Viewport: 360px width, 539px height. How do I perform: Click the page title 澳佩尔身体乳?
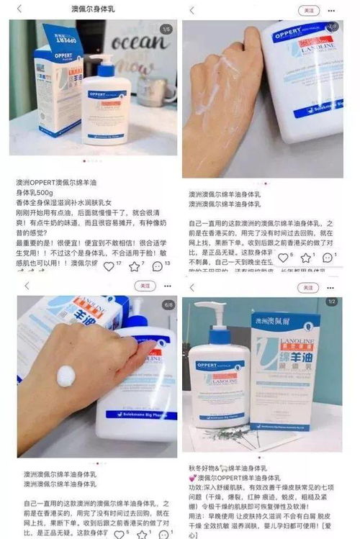[x=94, y=9]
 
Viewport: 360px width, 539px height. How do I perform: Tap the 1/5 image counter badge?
[x=166, y=29]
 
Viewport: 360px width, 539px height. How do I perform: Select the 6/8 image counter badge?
[x=168, y=304]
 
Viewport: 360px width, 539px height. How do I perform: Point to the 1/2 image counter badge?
[x=332, y=302]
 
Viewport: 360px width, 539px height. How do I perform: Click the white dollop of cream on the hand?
[x=66, y=376]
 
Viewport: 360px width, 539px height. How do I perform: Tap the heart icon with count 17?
[x=109, y=266]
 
